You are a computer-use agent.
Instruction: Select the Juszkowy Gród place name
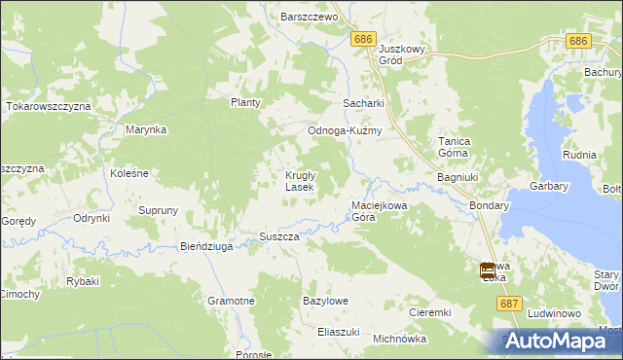(404, 54)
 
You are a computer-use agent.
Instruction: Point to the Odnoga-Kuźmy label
(344, 131)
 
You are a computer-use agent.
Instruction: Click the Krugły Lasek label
(298, 180)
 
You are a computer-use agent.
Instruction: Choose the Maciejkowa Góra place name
(377, 211)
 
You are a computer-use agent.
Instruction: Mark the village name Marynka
(146, 128)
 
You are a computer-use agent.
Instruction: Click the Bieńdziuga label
(206, 247)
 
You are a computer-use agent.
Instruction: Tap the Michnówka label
(400, 339)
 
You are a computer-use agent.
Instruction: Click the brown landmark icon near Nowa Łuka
(488, 271)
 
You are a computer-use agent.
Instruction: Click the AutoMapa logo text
(559, 341)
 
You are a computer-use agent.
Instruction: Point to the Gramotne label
(231, 301)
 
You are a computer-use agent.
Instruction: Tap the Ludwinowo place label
(554, 314)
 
